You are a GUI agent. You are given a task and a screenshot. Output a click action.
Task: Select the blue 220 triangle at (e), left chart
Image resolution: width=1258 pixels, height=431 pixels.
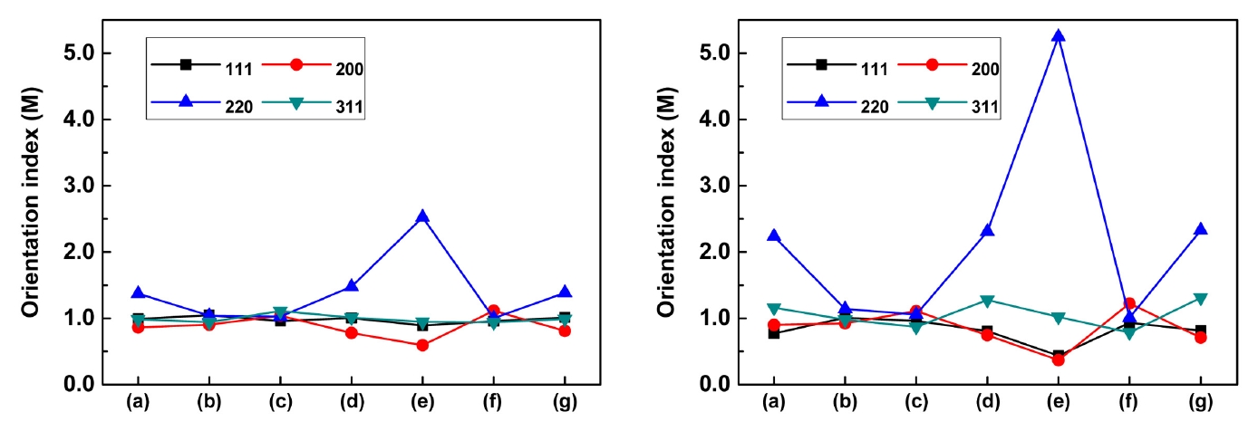tap(422, 216)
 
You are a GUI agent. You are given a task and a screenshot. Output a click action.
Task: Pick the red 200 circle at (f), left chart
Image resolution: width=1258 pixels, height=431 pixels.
tap(494, 311)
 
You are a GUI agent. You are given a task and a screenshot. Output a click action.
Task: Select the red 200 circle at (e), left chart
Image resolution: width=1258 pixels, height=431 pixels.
tap(422, 345)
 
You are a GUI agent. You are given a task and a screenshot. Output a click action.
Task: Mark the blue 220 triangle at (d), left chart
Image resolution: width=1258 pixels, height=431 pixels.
tap(351, 286)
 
